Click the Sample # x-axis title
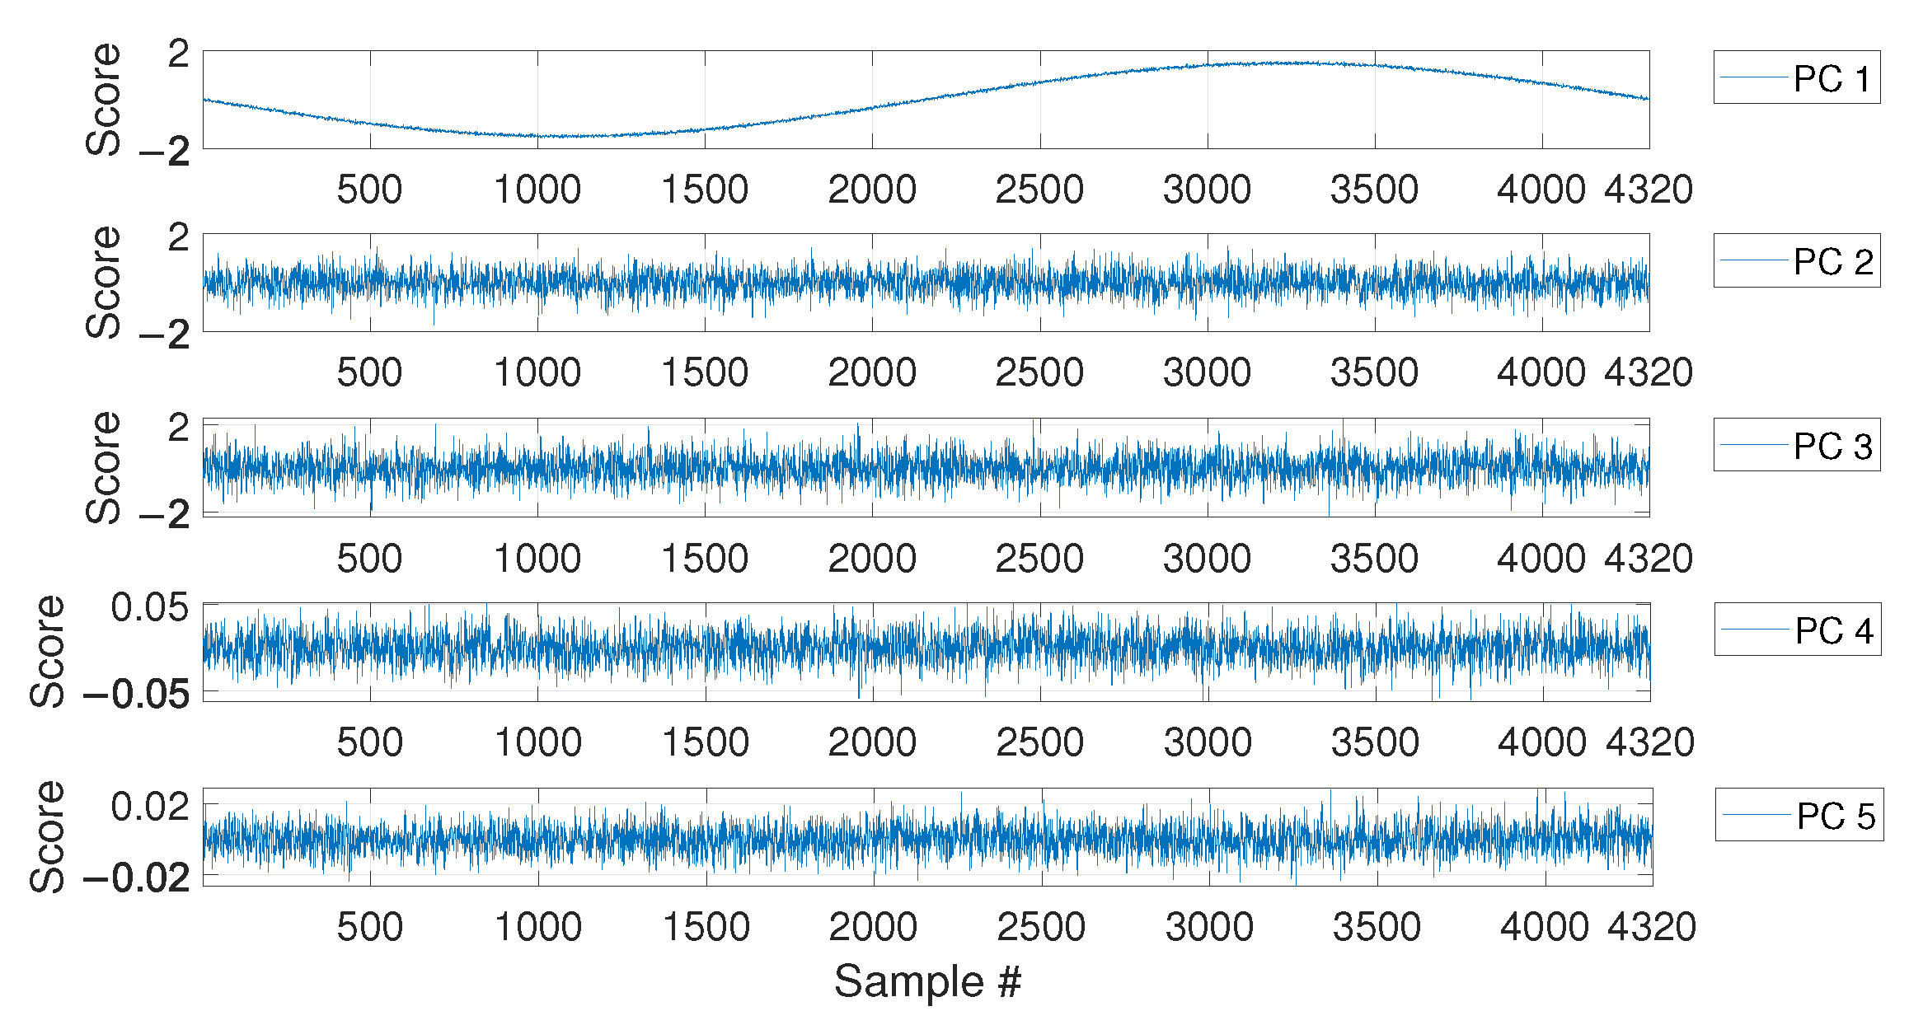pos(927,981)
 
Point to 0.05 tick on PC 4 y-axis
pos(149,608)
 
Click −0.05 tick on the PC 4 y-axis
pos(137,695)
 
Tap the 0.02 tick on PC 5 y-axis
pos(149,807)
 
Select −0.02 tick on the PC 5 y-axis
pos(137,878)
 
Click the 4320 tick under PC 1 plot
pos(1648,190)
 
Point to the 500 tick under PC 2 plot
pos(369,373)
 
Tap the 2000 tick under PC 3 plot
pos(872,559)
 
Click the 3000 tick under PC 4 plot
pos(1208,742)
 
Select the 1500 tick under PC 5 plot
pos(706,927)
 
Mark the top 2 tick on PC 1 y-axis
pos(178,55)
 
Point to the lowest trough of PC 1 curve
pos(569,136)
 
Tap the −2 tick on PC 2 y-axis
pos(165,335)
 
